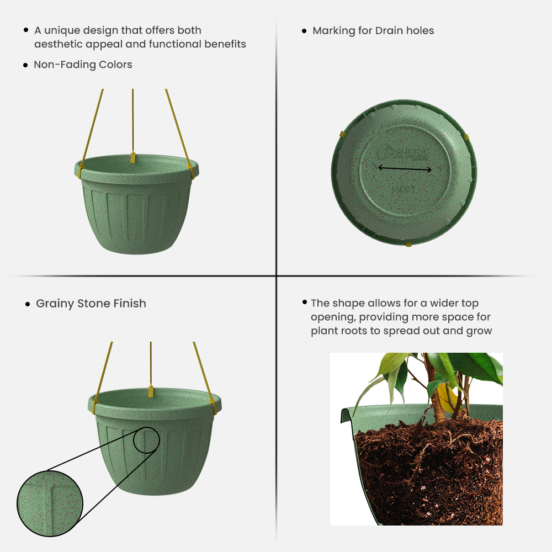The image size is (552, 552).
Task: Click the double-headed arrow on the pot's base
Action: pos(405,169)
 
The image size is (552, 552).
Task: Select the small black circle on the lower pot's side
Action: pos(146,439)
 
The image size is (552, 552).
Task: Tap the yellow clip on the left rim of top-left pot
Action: pos(81,172)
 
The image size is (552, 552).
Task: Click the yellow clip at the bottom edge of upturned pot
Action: pos(408,243)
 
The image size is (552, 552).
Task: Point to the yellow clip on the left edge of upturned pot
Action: pos(342,134)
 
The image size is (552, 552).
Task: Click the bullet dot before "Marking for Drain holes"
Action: pos(304,31)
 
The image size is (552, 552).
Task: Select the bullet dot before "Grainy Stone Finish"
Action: pos(28,304)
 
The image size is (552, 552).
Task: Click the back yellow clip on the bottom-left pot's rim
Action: pos(150,391)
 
